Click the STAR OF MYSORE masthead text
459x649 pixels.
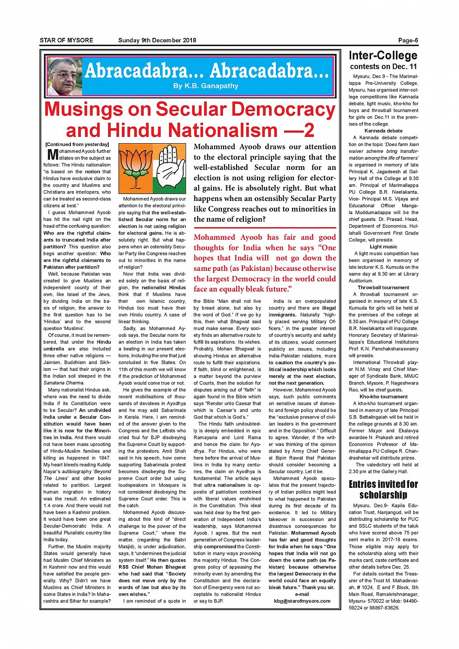(67, 40)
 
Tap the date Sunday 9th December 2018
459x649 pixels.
(157, 40)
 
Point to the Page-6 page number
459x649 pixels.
(408, 40)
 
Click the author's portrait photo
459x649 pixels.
(64, 76)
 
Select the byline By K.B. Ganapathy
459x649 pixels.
(206, 86)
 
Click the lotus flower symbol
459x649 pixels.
(136, 167)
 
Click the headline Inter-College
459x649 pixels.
(383, 55)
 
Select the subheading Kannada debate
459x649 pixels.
(383, 131)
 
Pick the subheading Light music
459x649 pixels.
(383, 247)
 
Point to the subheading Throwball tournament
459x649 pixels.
(383, 287)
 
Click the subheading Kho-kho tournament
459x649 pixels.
(383, 397)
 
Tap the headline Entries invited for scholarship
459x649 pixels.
(383, 489)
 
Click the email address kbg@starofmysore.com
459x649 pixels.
(302, 601)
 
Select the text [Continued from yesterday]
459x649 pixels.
(77, 144)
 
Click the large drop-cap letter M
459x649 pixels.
(52, 154)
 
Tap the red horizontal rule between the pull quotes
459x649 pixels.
(265, 228)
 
